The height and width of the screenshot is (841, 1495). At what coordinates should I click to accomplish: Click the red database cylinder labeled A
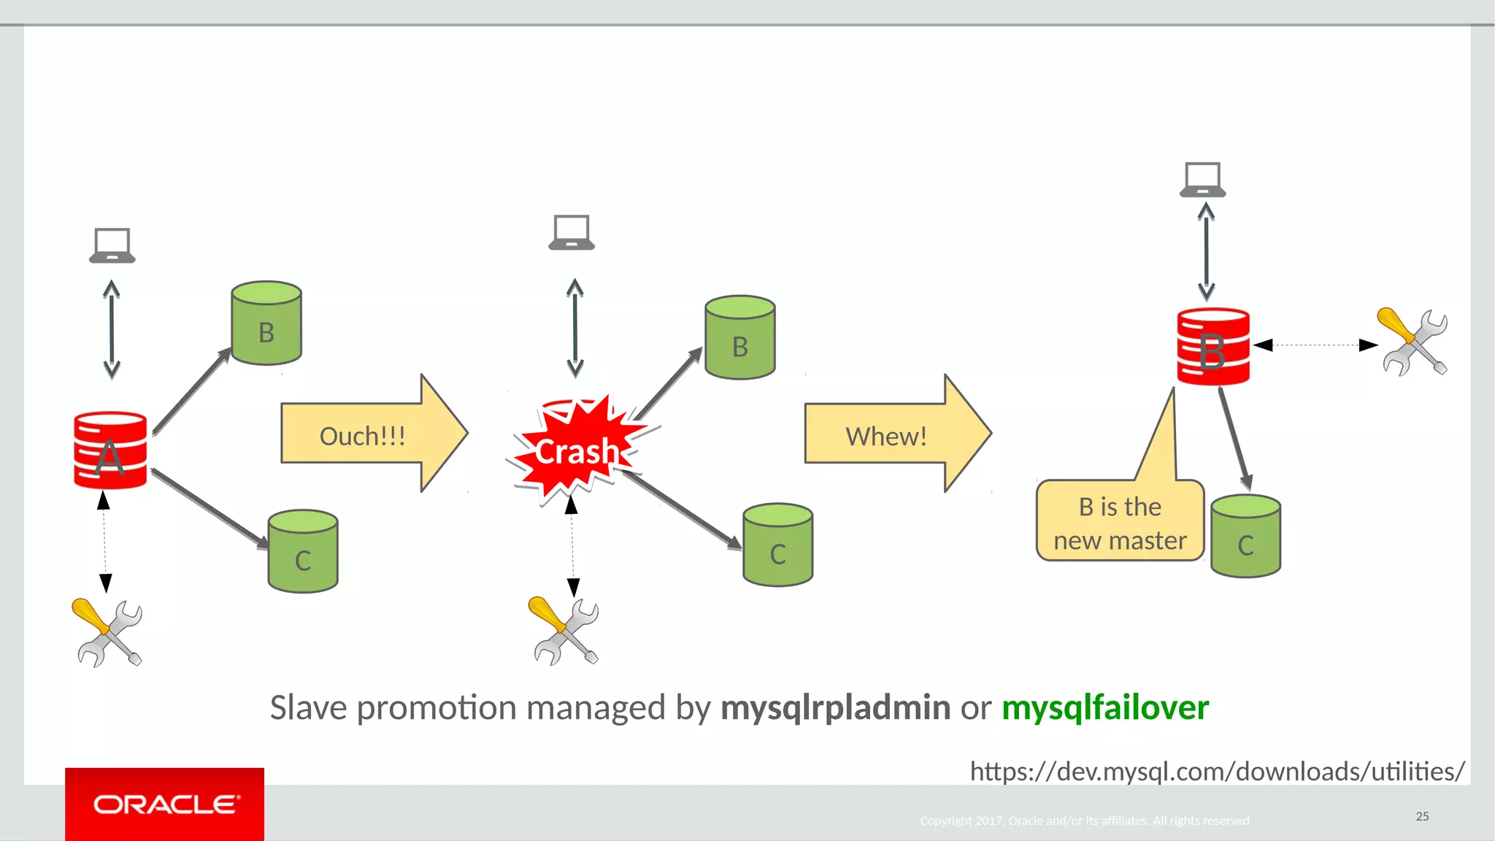point(110,450)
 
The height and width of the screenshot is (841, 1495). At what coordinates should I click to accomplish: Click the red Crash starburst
point(577,451)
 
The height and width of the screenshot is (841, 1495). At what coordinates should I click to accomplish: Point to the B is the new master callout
point(1120,521)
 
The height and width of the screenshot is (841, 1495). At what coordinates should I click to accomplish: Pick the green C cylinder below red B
point(1245,537)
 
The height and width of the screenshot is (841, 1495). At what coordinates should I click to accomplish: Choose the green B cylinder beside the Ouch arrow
point(266,323)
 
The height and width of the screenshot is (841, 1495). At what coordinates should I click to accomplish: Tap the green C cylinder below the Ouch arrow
point(303,551)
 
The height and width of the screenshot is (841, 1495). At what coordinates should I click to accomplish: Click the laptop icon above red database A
point(112,245)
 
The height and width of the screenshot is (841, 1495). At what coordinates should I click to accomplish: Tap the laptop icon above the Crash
point(572,233)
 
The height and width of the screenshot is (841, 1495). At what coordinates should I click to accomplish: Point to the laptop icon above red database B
point(1202,180)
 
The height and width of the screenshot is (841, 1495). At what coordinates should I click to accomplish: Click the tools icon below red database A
point(107,632)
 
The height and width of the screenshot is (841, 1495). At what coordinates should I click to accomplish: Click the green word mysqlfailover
point(1105,707)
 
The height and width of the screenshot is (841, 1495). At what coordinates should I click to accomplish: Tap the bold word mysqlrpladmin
point(835,707)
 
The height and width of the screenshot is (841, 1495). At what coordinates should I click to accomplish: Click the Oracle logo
point(165,804)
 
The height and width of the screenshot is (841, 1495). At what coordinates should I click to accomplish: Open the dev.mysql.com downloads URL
point(1217,772)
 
